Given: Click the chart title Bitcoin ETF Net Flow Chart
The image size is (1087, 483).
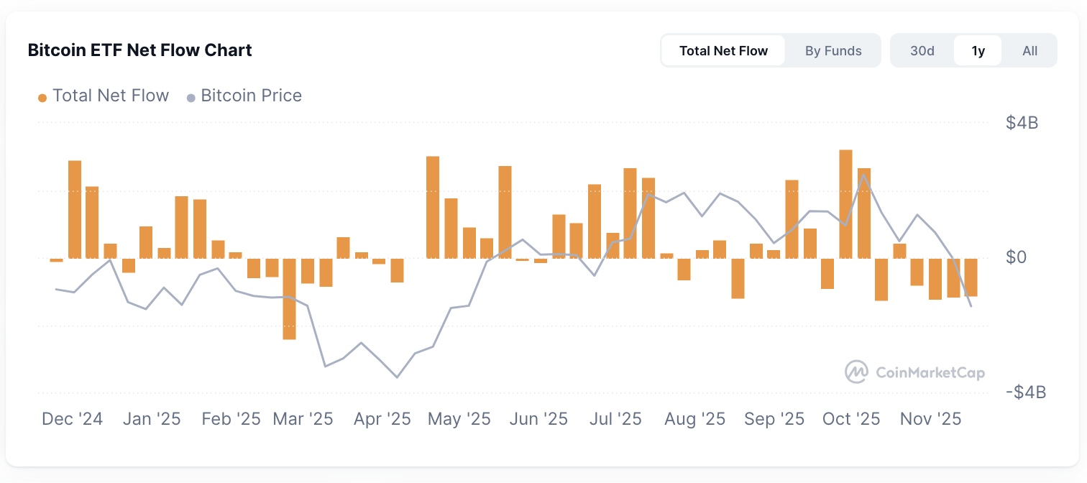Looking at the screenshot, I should (x=139, y=50).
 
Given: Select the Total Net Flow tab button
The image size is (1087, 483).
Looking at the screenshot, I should (x=723, y=51).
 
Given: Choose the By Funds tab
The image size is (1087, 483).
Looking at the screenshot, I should (x=833, y=51).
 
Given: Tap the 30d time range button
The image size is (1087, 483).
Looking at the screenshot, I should (x=922, y=51).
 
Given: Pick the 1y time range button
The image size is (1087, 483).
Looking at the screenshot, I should (x=978, y=51).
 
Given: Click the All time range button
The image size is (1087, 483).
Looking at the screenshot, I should (x=1030, y=51).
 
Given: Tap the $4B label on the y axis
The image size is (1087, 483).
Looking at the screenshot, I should (x=1022, y=123).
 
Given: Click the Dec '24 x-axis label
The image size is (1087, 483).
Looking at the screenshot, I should (x=72, y=419).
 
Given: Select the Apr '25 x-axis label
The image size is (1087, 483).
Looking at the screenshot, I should (x=382, y=419).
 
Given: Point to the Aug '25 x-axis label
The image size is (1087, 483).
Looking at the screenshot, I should (x=695, y=419).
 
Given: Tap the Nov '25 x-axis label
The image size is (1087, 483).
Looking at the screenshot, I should (x=931, y=419).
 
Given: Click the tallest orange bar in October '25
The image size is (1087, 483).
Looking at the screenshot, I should (x=845, y=203).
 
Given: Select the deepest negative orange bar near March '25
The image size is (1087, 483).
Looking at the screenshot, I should (x=289, y=298).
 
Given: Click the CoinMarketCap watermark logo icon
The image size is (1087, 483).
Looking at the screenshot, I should (x=856, y=372).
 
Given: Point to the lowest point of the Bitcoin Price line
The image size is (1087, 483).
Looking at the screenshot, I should (x=397, y=377).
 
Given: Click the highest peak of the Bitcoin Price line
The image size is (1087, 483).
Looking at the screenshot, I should (x=863, y=175).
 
